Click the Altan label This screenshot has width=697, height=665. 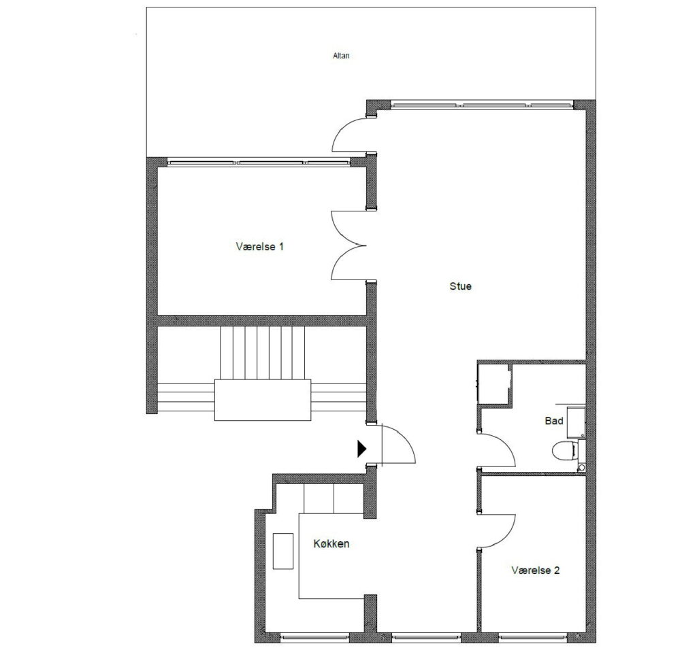pos(341,56)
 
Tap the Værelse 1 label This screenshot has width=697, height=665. pos(259,246)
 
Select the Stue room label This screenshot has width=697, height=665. pos(460,286)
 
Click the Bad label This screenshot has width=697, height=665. pos(554,420)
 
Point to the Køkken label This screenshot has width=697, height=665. pos(331,543)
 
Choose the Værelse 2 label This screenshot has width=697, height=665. pos(535,570)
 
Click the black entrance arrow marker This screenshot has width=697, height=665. pos(362,448)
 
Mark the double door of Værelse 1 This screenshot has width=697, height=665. pos(348,245)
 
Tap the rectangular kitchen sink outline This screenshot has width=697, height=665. pos(282,551)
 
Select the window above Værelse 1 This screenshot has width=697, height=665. pos(258,163)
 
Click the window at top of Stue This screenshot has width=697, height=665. pos(482,105)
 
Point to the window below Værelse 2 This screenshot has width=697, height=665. pos(532,638)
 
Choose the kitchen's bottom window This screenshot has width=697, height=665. pos(314,638)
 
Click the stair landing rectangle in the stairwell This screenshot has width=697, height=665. pos(263,400)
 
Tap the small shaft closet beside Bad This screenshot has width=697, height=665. pos(493,384)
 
